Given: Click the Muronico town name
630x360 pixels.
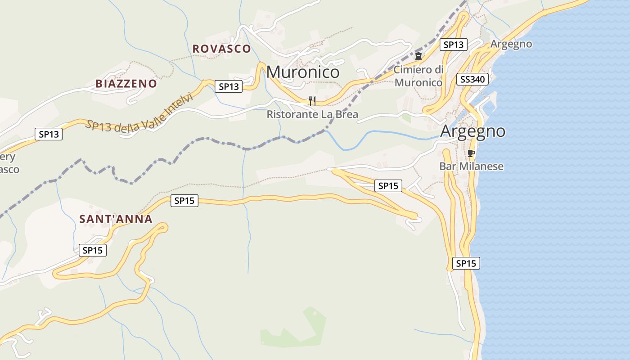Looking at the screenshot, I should point(303,72).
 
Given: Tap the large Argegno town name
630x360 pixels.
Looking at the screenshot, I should point(472,131).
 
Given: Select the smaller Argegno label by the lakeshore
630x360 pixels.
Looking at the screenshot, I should point(511,44).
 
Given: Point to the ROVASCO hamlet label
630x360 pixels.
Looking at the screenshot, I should point(221,49).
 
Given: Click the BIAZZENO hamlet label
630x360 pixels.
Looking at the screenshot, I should point(126,84).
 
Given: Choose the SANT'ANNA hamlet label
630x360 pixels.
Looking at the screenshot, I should point(116,219).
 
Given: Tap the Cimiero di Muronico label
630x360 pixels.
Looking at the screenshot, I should point(418,76).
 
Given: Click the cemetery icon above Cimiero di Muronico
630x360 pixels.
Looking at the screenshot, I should point(418,56).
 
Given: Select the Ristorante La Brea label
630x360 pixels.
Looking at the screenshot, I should point(312,114).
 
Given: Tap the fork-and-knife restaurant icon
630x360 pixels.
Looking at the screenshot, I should point(312,101).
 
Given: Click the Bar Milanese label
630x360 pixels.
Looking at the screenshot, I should point(471,166).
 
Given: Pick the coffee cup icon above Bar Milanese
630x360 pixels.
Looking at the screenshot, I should point(471,153).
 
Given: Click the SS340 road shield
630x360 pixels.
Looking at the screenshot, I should point(472,80).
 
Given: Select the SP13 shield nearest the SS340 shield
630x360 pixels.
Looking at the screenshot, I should point(453,45).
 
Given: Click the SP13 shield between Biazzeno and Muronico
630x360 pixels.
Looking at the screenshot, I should point(229,86).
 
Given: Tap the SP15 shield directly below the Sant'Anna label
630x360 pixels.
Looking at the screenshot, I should point(93,250).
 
